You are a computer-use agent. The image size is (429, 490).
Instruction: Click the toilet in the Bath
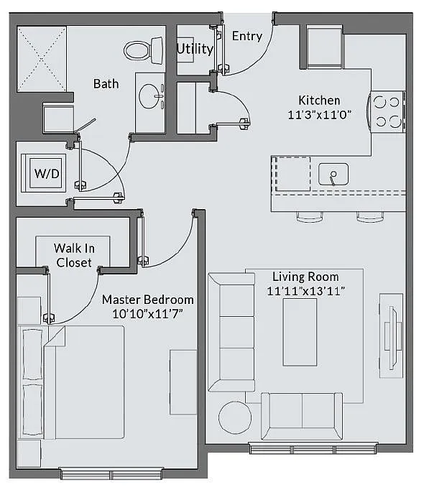[x=144, y=50]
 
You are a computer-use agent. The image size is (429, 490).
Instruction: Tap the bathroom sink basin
[x=149, y=96]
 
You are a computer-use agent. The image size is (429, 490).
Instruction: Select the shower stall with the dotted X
[x=42, y=59]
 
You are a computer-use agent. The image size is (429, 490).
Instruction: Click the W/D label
[x=47, y=173]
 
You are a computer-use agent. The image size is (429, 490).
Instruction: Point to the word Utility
[x=195, y=49]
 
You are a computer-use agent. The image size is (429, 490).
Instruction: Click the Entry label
[x=247, y=36]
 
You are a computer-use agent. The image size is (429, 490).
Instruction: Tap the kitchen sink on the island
[x=333, y=174]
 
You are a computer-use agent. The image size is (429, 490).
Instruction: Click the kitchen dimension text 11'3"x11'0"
[x=319, y=115]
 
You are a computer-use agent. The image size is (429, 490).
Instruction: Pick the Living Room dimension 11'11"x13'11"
[x=305, y=291]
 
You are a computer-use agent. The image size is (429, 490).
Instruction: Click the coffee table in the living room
[x=300, y=332]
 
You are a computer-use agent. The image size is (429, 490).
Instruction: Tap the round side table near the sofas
[x=235, y=417]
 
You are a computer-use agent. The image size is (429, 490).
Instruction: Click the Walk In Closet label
[x=74, y=255]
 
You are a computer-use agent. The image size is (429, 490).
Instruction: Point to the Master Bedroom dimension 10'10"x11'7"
[x=147, y=313]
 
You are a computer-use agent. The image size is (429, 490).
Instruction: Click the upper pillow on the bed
[x=32, y=354]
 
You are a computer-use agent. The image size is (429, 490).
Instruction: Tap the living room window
[x=313, y=448]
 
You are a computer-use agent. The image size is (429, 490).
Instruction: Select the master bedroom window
[x=111, y=473]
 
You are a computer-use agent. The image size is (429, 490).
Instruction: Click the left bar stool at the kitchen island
[x=310, y=217]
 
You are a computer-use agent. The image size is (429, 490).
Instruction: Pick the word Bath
[x=106, y=84]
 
